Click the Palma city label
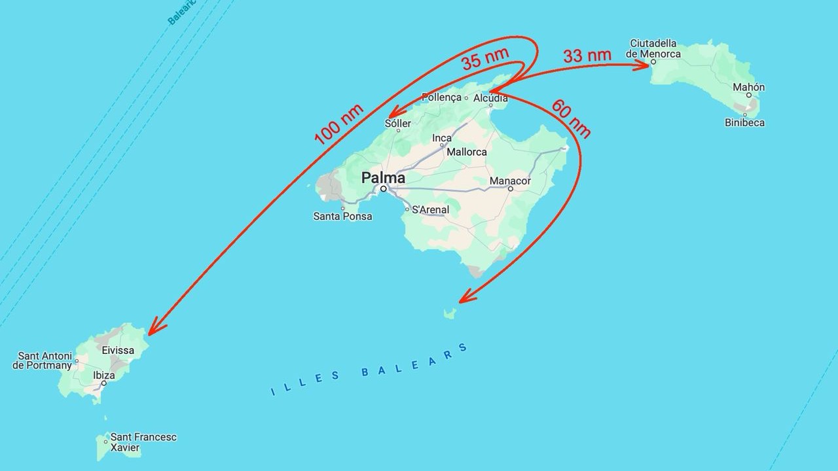[x=383, y=178]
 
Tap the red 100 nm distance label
[x=339, y=124]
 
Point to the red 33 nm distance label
[x=587, y=56]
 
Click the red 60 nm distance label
[x=571, y=118]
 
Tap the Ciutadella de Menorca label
[x=653, y=48]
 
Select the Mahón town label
[x=748, y=87]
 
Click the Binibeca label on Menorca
[x=744, y=122]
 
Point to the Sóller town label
[x=398, y=123]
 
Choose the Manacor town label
[x=510, y=181]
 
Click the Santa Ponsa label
[x=342, y=216]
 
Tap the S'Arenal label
[x=430, y=210]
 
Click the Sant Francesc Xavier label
[x=143, y=442]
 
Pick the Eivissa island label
[x=118, y=350]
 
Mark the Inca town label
[x=442, y=138]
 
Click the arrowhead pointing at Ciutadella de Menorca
[x=644, y=63]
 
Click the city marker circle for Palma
[x=384, y=188]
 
